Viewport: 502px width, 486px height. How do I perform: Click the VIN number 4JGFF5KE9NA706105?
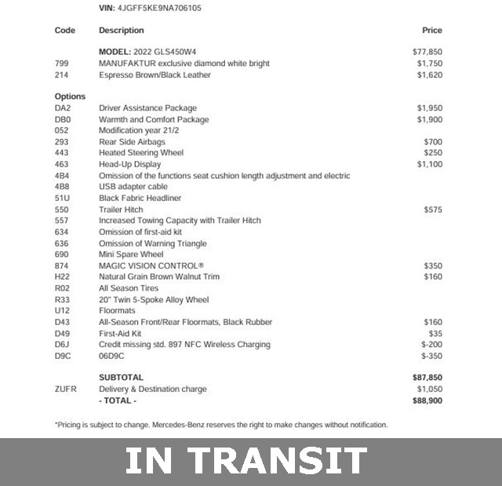coord(162,8)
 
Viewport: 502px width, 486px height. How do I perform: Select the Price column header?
coord(431,31)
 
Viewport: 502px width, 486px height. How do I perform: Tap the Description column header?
coord(122,31)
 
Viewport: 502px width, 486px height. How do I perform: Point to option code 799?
coord(62,64)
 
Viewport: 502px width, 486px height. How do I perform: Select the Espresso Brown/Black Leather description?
coord(155,75)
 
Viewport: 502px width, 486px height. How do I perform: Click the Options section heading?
coord(71,97)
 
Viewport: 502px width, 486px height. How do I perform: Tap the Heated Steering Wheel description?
coord(141,153)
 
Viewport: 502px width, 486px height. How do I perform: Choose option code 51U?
coord(62,199)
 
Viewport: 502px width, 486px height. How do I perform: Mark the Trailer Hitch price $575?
coord(432,210)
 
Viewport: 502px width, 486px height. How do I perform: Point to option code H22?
coord(62,277)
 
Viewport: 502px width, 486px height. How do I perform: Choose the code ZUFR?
coord(66,389)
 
